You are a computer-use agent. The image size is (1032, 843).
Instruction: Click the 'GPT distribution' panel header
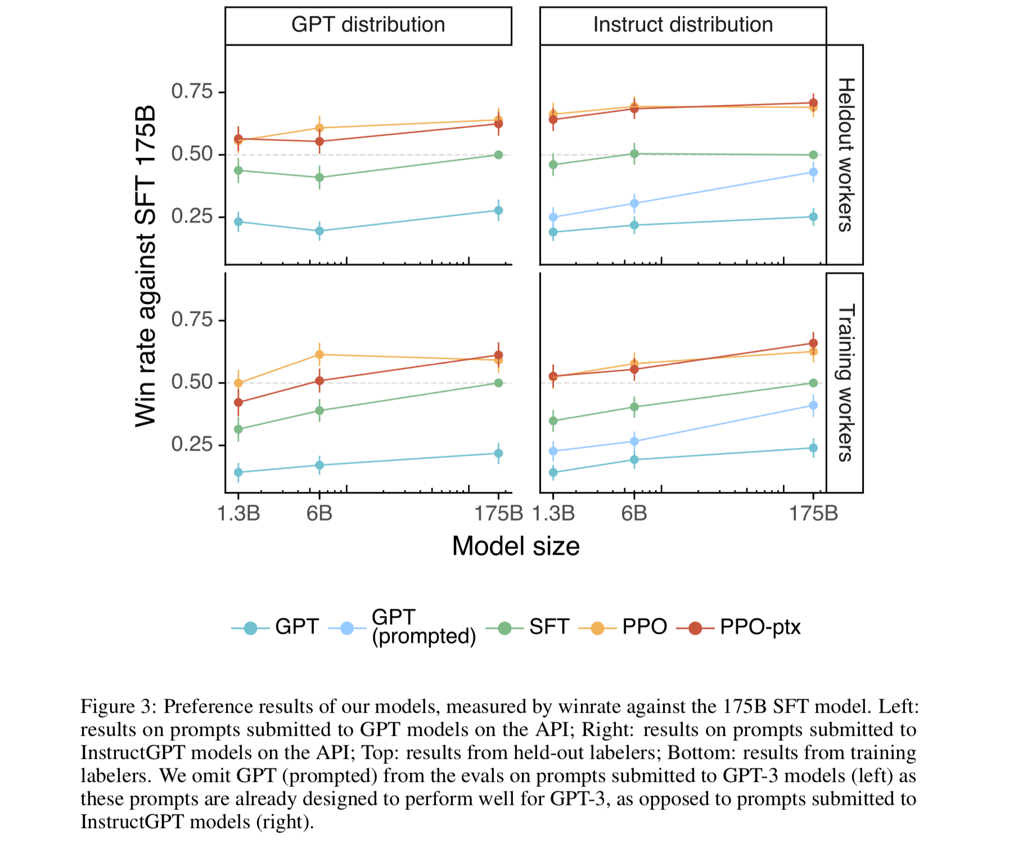(368, 25)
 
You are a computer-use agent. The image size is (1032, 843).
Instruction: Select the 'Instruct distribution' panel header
(683, 25)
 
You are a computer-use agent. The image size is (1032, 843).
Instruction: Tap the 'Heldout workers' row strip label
(845, 155)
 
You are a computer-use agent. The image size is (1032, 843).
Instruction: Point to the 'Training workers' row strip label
(845, 383)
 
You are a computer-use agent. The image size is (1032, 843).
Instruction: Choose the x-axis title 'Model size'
(516, 547)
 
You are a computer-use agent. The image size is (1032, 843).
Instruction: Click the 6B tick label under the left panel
(319, 513)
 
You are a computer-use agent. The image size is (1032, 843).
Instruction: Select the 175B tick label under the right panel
(813, 513)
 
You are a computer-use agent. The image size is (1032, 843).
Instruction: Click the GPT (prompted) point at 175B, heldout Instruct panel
(813, 172)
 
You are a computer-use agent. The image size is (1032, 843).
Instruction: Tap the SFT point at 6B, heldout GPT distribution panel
(319, 178)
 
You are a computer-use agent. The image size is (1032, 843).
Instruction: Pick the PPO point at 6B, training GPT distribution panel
(319, 354)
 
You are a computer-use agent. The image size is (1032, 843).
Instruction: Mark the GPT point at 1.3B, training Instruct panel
(553, 472)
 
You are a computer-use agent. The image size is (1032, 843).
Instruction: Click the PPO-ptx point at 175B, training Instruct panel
(813, 343)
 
